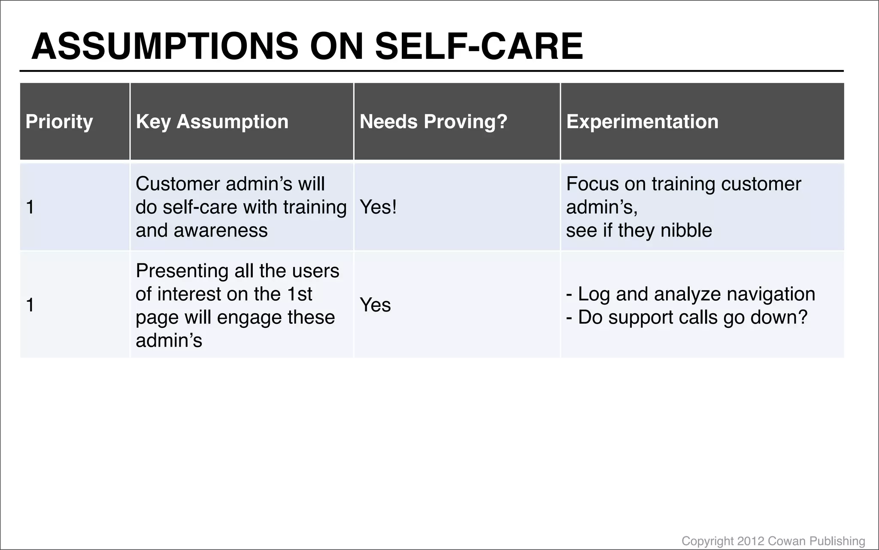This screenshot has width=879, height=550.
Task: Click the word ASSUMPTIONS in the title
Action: click(x=165, y=46)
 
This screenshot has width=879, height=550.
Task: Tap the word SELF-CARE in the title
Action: click(x=479, y=46)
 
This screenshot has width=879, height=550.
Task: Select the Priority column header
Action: click(x=59, y=122)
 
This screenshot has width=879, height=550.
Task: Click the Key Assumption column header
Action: click(x=212, y=122)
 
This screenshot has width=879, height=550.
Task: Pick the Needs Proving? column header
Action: click(x=433, y=122)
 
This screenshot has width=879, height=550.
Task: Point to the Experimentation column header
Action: click(x=642, y=122)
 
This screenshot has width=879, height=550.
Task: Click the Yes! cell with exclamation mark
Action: click(x=378, y=207)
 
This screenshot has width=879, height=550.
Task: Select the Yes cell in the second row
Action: click(x=375, y=305)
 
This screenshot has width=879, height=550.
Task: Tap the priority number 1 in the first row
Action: click(x=30, y=207)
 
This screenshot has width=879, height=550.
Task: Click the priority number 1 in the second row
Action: click(x=30, y=305)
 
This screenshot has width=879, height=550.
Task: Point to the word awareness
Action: click(x=221, y=230)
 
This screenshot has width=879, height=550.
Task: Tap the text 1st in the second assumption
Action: click(x=299, y=294)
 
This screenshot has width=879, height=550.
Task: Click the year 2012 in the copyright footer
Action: click(x=750, y=541)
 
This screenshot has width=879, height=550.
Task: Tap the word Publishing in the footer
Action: click(x=837, y=541)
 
